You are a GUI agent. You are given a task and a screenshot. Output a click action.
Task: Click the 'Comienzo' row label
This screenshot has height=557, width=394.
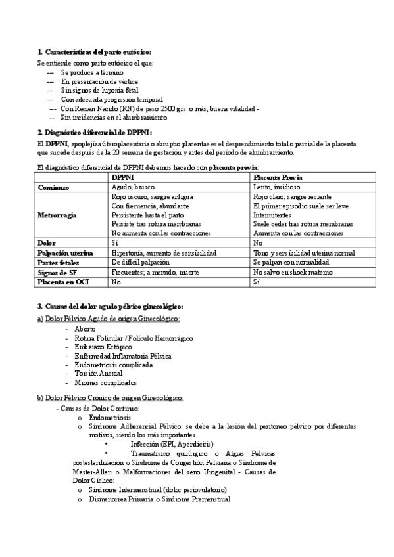coord(54,187)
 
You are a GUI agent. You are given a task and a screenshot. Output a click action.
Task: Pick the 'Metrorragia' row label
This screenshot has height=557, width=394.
coord(59,215)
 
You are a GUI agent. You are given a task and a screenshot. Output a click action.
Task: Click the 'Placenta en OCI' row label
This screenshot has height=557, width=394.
coord(63,282)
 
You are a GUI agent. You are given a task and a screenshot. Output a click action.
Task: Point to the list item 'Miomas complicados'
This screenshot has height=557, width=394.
coord(106,382)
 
